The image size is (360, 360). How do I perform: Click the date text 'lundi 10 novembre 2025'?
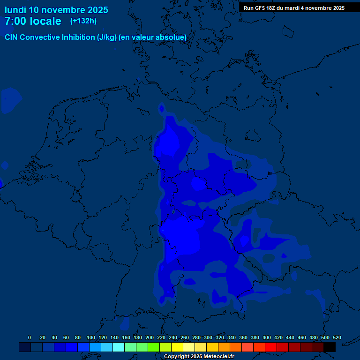click(x=56, y=10)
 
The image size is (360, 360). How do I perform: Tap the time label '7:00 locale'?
click(x=33, y=21)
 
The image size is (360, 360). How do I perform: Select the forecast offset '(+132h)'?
click(x=83, y=21)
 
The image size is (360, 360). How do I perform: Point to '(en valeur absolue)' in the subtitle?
click(x=153, y=37)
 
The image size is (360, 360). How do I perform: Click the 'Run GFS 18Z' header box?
click(x=294, y=7)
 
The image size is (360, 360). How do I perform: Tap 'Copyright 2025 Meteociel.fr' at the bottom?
click(x=199, y=357)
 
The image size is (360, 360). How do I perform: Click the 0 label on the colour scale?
click(x=30, y=337)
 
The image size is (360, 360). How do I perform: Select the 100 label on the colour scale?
click(x=91, y=337)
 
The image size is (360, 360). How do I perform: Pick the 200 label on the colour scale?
click(x=150, y=337)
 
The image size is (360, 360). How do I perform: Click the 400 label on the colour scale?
click(x=267, y=337)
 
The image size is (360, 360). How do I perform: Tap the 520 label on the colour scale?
click(x=337, y=337)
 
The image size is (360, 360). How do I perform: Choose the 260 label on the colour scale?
click(x=185, y=337)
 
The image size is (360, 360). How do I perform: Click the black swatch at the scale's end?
click(x=330, y=347)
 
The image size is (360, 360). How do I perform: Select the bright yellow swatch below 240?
click(x=177, y=347)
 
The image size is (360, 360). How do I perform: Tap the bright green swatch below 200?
click(x=154, y=347)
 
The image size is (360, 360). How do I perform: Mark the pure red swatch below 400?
click(x=271, y=347)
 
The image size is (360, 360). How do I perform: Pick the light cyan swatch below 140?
click(x=119, y=347)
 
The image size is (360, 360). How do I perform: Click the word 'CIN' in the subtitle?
click(x=11, y=37)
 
